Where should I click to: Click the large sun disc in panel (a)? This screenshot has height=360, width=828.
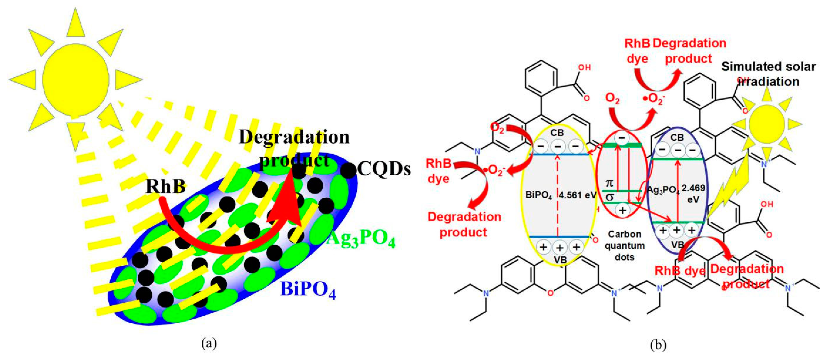coord(76,79)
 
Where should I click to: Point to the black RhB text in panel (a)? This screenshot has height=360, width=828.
coord(165,186)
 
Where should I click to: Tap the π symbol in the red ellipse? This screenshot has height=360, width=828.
coord(610,184)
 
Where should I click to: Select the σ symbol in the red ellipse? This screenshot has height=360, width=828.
coord(610,197)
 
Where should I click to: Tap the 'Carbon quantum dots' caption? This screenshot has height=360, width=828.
coord(625,246)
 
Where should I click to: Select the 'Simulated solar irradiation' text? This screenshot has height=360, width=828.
coord(768,74)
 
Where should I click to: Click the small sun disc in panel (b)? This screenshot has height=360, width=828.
coord(767,123)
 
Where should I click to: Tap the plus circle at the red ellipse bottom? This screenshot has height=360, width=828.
coord(623,210)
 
